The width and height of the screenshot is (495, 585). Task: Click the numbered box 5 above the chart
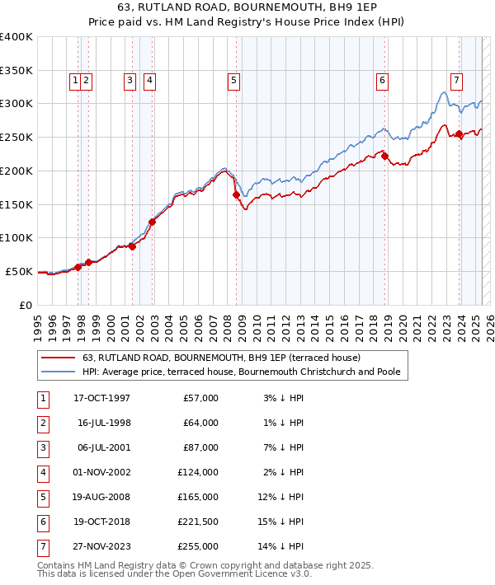234,80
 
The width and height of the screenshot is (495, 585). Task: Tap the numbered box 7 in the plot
456,80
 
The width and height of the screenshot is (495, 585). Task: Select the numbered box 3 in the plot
130,80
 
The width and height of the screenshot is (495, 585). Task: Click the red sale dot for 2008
236,195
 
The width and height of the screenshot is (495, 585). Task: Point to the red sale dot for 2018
384,156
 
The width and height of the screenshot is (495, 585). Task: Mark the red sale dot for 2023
460,133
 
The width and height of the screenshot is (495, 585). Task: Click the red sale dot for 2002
152,222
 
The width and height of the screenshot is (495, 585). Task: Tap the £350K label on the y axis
16,70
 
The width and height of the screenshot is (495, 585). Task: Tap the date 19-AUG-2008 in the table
103,498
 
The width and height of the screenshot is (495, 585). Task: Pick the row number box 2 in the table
42,423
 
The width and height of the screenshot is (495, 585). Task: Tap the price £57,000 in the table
200,398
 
